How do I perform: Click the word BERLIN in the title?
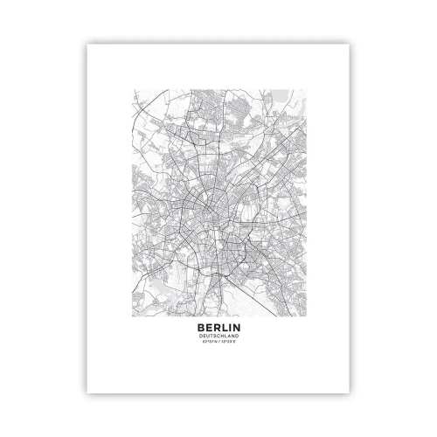(218, 321)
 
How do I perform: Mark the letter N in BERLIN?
(236, 321)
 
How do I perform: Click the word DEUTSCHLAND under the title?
(218, 330)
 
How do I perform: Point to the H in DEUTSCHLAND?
(222, 330)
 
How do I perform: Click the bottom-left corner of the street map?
(130, 310)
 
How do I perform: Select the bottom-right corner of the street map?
(306, 310)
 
